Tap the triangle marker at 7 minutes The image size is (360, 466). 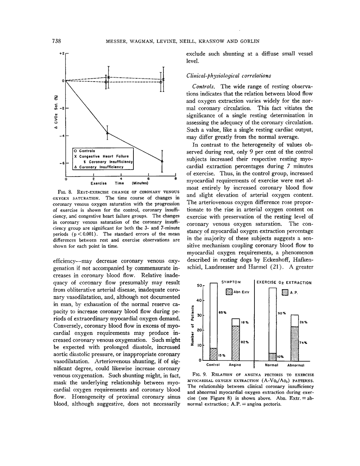click(162, 161)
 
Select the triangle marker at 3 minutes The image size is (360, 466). click(107, 133)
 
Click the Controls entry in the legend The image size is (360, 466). click(84, 151)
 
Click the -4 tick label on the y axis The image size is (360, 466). click(61, 136)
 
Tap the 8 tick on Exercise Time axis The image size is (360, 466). click(175, 179)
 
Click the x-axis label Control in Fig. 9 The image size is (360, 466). click(213, 365)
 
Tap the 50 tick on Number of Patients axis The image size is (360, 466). click(199, 285)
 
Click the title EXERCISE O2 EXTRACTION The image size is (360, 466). click(284, 282)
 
